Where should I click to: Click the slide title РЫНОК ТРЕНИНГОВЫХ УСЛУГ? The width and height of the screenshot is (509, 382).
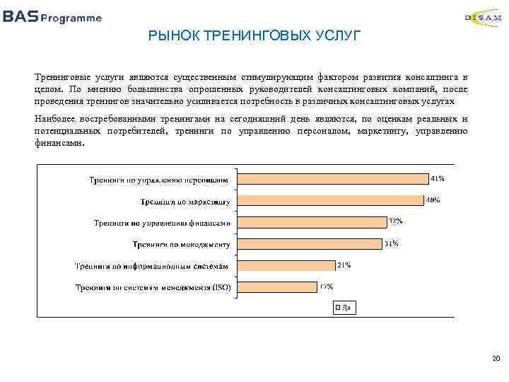point(254,35)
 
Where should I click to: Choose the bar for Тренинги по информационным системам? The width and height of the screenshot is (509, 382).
point(285,265)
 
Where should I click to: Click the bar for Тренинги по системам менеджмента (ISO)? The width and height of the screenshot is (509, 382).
point(276,286)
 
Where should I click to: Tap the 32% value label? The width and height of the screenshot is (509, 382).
point(395,221)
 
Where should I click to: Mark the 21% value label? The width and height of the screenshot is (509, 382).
point(344,265)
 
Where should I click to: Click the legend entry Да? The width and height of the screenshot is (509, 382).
point(342,307)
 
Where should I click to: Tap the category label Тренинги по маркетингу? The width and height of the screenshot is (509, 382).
point(185,202)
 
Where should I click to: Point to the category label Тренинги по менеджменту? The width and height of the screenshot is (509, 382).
point(182,245)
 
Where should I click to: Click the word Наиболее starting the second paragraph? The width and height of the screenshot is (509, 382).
point(54,118)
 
